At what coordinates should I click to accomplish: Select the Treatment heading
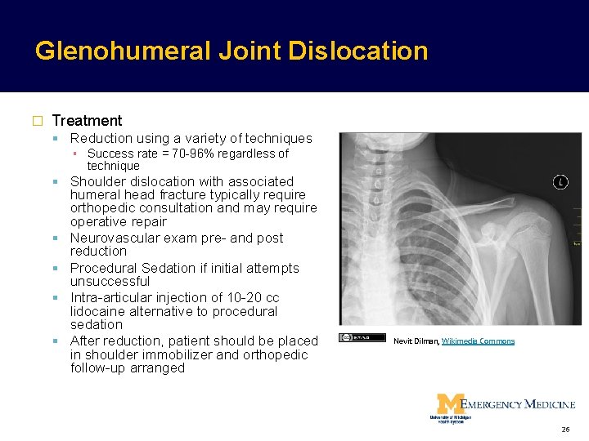point(87,121)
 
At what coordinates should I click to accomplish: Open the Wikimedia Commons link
point(478,341)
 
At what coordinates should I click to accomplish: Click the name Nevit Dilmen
point(416,341)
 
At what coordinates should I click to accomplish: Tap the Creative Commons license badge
point(361,337)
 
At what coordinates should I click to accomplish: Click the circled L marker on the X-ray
point(560,181)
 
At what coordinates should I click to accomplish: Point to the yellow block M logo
point(449,403)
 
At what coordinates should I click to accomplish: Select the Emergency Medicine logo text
point(518,403)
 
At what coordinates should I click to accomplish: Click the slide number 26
point(565,430)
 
